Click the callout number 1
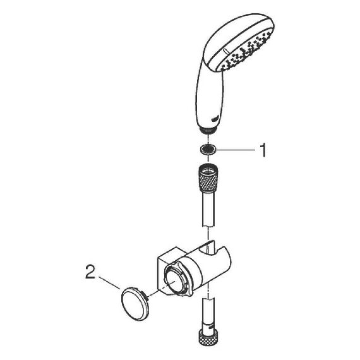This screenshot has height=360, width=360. pyautogui.click(x=263, y=150)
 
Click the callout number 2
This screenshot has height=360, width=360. pyautogui.click(x=90, y=272)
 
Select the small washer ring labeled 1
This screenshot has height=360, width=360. pyautogui.click(x=208, y=150)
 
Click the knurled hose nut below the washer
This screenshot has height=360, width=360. pyautogui.click(x=208, y=177)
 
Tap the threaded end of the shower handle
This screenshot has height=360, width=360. pyautogui.click(x=208, y=130)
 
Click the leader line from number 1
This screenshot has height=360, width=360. pyautogui.click(x=236, y=150)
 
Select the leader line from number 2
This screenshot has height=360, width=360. pyautogui.click(x=109, y=282)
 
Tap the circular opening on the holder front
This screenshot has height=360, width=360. pyautogui.click(x=173, y=280)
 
